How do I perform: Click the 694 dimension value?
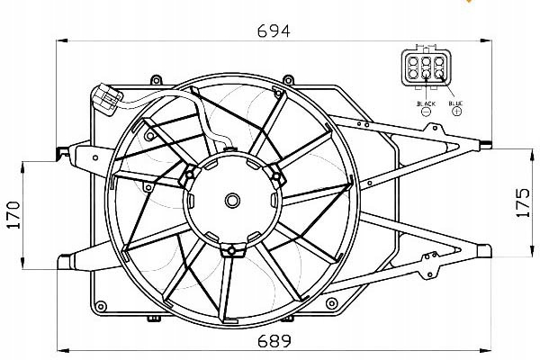coord(274,31)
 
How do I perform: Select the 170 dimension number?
coord(14,215)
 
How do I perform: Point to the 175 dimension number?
coord(524,202)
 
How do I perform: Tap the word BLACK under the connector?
coord(426,103)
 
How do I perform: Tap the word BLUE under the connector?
coord(455,103)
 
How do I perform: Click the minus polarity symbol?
coord(427,112)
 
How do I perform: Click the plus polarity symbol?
coord(456,111)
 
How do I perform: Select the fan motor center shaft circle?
coord(232,201)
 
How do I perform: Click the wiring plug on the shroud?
coord(106,99)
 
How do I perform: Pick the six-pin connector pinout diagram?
coord(426,67)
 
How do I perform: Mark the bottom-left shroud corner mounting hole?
coord(101,306)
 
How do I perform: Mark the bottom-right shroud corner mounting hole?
coord(331,303)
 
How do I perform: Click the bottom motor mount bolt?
coord(232,250)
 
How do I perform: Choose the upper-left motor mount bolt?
coord(189,175)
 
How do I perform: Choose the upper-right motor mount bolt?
coord(276,176)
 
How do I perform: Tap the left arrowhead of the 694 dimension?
coord(62,40)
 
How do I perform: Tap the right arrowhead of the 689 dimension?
coord(486,351)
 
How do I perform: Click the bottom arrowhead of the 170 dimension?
coord(22,263)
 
